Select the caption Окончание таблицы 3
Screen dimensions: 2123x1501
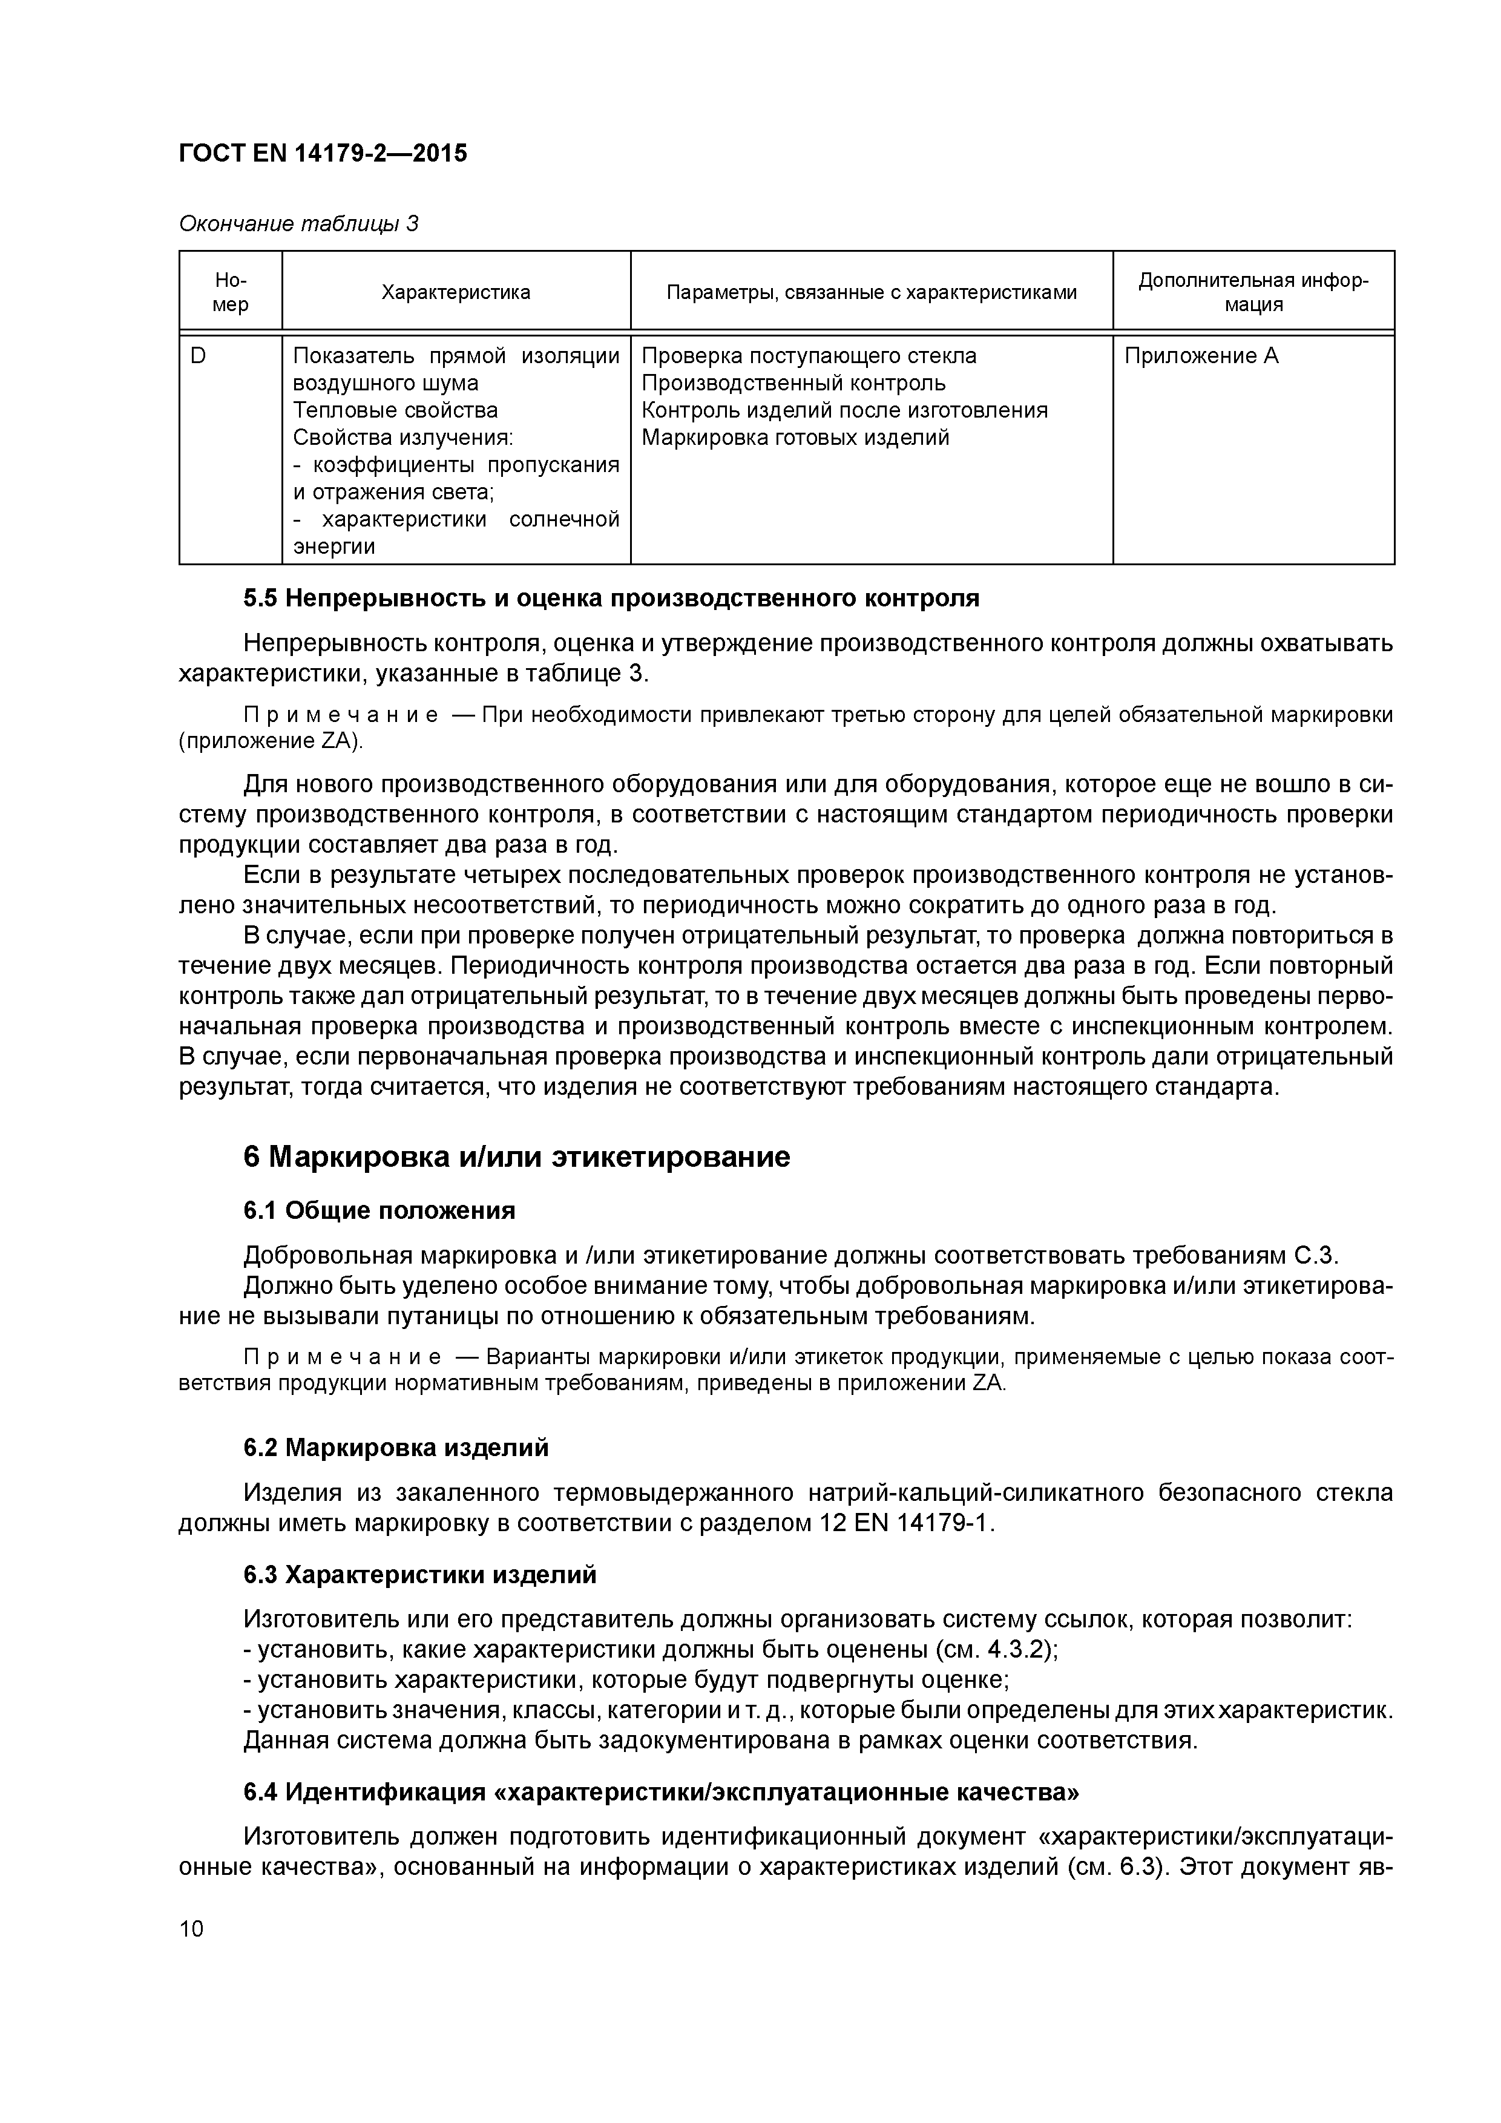(x=298, y=224)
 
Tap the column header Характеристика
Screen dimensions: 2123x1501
(x=456, y=293)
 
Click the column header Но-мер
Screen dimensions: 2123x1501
(x=230, y=292)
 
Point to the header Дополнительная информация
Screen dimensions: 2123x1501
(x=1253, y=292)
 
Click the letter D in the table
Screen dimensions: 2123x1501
(x=198, y=356)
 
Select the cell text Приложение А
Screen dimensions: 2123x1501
(x=1200, y=356)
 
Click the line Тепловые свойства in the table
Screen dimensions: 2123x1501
(x=395, y=410)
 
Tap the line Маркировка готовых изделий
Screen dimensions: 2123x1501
(x=795, y=438)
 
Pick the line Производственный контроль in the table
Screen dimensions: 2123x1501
(x=793, y=383)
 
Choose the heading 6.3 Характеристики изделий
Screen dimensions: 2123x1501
(x=420, y=1575)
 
